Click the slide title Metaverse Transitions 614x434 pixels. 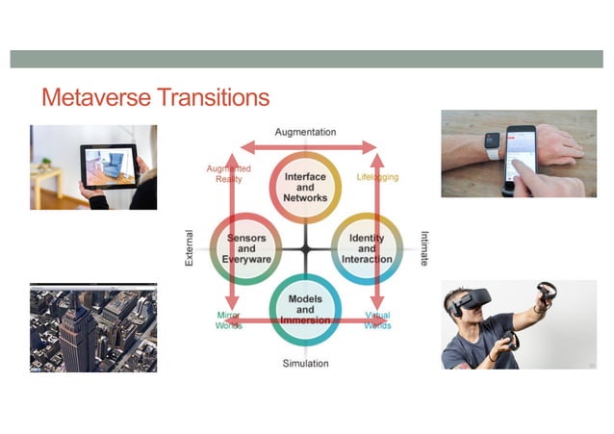point(155,98)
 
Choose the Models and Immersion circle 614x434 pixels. point(305,308)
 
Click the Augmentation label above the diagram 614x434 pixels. point(306,131)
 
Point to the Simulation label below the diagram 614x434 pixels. point(305,363)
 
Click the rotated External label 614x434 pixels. point(189,247)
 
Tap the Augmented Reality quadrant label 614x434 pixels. point(228,173)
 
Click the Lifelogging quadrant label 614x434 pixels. point(376,177)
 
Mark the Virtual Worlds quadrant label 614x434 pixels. point(377,319)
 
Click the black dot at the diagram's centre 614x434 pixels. point(305,248)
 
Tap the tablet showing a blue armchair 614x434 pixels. point(109,166)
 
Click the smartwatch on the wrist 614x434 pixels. point(492,143)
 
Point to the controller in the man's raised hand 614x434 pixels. point(546,291)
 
